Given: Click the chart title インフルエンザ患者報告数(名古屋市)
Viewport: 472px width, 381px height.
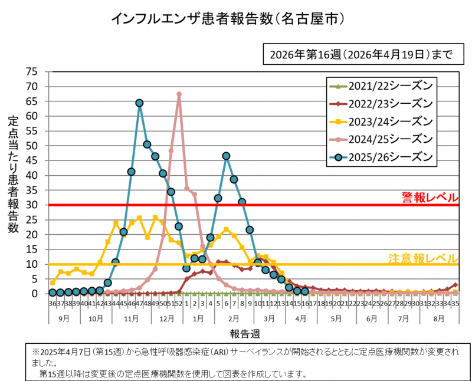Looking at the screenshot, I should point(228,19).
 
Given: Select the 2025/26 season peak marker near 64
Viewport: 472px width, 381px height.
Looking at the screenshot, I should point(139,103).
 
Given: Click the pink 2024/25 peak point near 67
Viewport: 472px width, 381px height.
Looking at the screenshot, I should point(179,94).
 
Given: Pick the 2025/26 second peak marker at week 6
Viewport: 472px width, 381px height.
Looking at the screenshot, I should point(226,156).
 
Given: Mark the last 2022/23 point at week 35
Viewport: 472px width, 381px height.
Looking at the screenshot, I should point(455,285).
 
